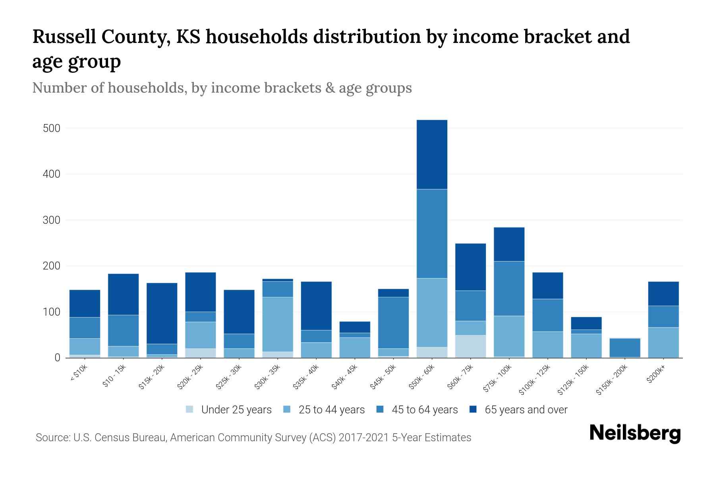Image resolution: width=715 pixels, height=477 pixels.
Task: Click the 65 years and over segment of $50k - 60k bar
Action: coord(432,155)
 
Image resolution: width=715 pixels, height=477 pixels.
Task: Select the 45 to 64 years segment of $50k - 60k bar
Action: coord(432,234)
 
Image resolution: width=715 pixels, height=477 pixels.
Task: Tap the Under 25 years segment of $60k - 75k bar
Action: coord(470,346)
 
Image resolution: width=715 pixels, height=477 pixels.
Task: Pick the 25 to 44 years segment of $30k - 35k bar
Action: coord(278,324)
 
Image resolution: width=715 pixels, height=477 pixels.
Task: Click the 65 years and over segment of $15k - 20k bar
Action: coord(162,313)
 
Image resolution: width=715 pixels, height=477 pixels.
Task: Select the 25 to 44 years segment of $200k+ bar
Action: coord(663,342)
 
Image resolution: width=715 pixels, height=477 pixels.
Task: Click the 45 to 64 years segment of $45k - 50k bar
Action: coord(393,323)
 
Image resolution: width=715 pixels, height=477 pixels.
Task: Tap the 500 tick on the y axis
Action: coord(51,128)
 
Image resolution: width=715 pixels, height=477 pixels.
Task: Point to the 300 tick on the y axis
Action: coord(51,220)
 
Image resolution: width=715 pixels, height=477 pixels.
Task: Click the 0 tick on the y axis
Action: coord(57,358)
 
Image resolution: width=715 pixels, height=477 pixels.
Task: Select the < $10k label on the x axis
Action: coord(79,373)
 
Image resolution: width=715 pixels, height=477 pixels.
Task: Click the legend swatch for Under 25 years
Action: coord(190,409)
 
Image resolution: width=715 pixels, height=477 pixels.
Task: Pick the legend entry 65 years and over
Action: coord(526,410)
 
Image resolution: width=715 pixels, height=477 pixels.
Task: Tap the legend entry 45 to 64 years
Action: coord(424,410)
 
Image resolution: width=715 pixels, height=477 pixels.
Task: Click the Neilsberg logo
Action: coord(635,433)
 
